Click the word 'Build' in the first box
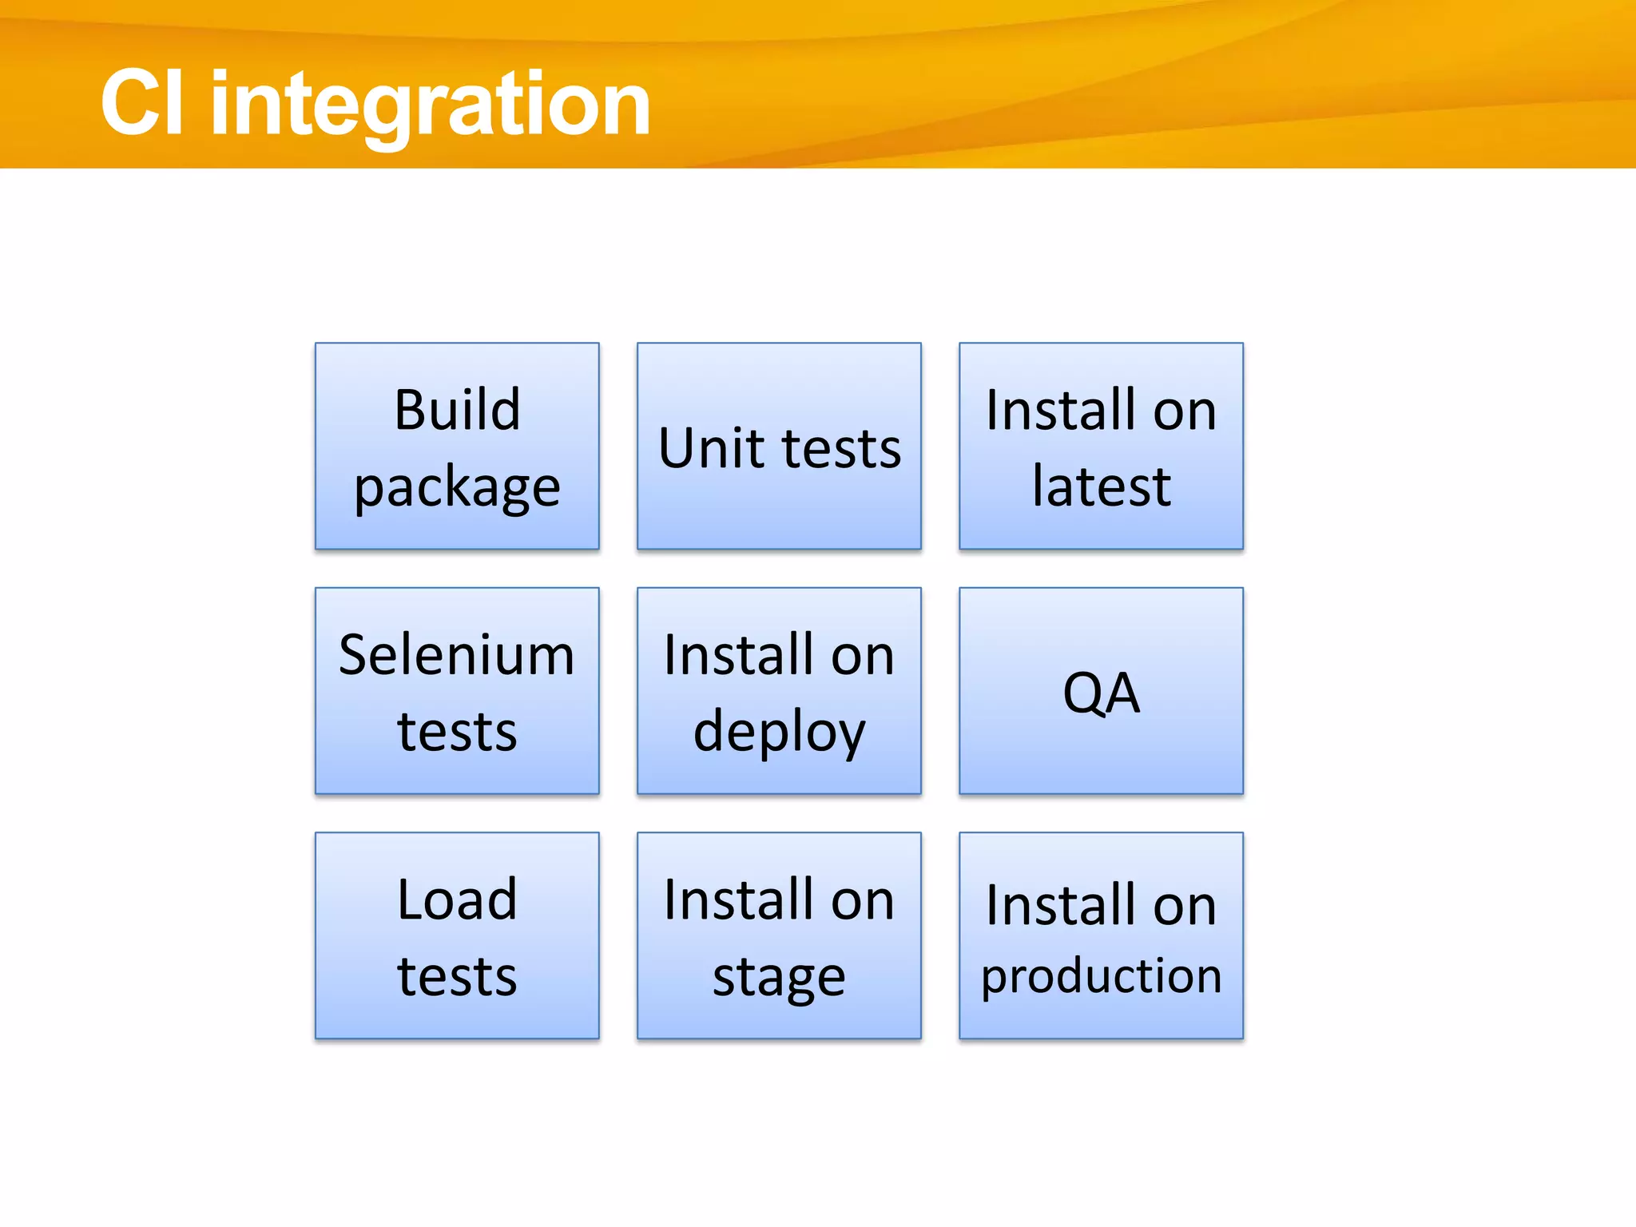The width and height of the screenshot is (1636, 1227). [x=457, y=410]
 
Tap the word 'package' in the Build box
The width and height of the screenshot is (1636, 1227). [x=457, y=487]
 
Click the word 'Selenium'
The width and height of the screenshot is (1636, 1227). [x=456, y=655]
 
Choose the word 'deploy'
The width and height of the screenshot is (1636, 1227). [x=779, y=732]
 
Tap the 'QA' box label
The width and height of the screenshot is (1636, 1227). [x=1101, y=693]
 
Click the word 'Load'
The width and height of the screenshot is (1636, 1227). [x=457, y=899]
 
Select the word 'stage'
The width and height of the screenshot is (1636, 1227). [x=779, y=978]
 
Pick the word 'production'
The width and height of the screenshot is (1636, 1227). [x=1101, y=976]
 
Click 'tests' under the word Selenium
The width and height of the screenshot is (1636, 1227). [x=457, y=732]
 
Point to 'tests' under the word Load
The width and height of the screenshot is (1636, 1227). [x=457, y=976]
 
